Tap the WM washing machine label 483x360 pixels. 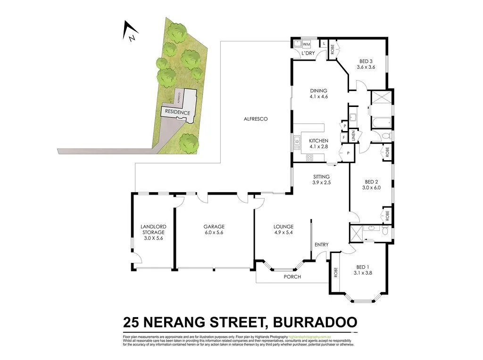click(x=307, y=44)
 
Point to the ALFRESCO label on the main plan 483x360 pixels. click(x=256, y=119)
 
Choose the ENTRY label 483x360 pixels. click(x=321, y=245)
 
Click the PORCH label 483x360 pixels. click(x=292, y=277)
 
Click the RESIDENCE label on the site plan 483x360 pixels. click(x=177, y=113)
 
